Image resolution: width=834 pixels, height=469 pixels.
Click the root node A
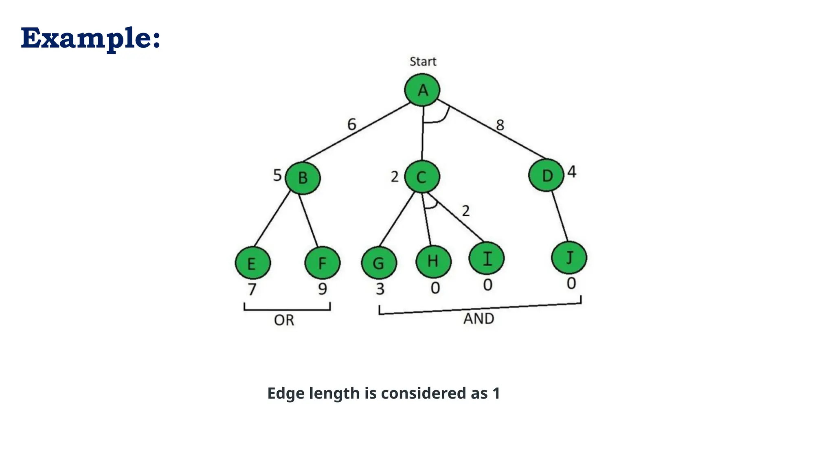pos(422,90)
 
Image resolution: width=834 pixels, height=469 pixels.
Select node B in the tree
pos(303,178)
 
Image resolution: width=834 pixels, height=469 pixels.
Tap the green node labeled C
pos(422,177)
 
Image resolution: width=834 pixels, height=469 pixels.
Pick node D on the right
pos(546,175)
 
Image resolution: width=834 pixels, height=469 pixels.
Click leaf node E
pos(252,263)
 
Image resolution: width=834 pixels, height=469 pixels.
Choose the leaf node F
pos(322,263)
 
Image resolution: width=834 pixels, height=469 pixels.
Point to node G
pos(379,263)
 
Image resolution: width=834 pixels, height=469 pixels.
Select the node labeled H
pos(433,261)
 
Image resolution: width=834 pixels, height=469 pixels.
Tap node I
pos(487,258)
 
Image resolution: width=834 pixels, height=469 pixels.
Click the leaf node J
pos(569,258)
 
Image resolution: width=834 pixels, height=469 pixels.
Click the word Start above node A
pos(423,61)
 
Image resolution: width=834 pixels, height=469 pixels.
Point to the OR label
pos(284,320)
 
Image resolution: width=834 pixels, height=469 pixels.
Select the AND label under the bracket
pos(478,318)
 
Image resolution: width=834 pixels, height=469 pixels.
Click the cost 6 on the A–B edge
pos(352,124)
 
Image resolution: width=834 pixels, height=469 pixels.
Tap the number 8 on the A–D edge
pos(500,125)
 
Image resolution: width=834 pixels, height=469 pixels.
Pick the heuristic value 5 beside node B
pos(277,175)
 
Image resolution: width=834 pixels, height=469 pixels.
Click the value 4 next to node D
pos(572,172)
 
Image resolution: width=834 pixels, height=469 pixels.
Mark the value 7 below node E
pos(252,289)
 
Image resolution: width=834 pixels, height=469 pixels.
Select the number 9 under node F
pos(323,289)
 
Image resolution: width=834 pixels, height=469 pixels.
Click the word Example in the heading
pos(86,38)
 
